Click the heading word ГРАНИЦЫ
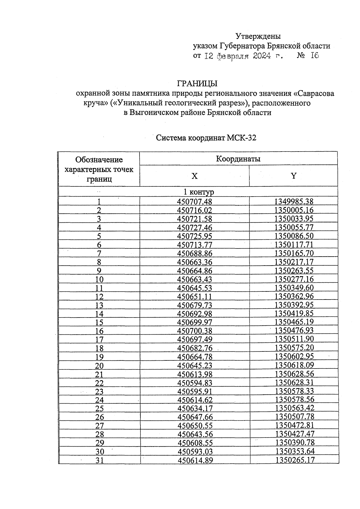coord(197,83)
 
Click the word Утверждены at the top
coord(258,36)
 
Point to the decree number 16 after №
coord(315,56)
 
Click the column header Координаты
coord(238,159)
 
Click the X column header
coord(195,176)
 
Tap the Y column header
coord(294,176)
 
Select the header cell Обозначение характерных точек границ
coord(99,169)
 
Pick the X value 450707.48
coord(195,201)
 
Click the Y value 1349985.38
coord(294,201)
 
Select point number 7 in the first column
coord(99,253)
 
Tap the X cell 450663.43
coord(195,279)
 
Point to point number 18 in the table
coord(99,348)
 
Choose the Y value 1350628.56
coord(294,374)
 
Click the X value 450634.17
coord(195,408)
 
